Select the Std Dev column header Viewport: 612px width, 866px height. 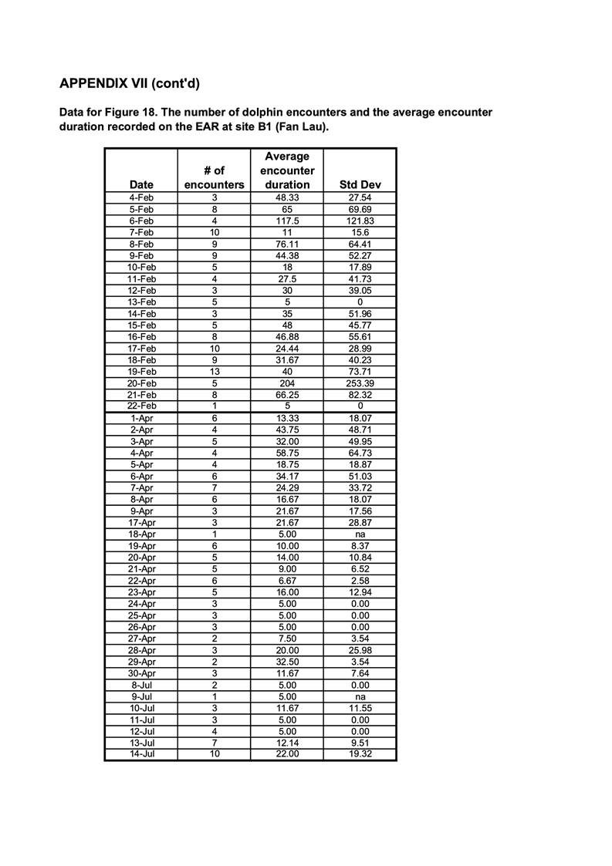(x=360, y=185)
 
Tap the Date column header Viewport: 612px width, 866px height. (x=141, y=185)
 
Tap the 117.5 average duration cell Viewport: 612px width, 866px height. (x=287, y=221)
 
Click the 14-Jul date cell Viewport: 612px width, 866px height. (x=141, y=754)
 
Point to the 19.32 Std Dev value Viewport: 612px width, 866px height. (x=360, y=754)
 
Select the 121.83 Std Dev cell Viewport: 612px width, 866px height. (x=360, y=221)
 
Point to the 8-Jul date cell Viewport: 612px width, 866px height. (x=141, y=686)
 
